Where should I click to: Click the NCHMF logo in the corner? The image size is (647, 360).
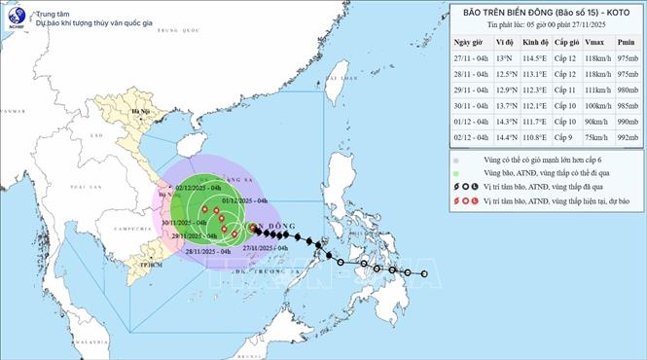(15, 17)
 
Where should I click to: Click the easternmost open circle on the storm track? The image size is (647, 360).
(424, 273)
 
